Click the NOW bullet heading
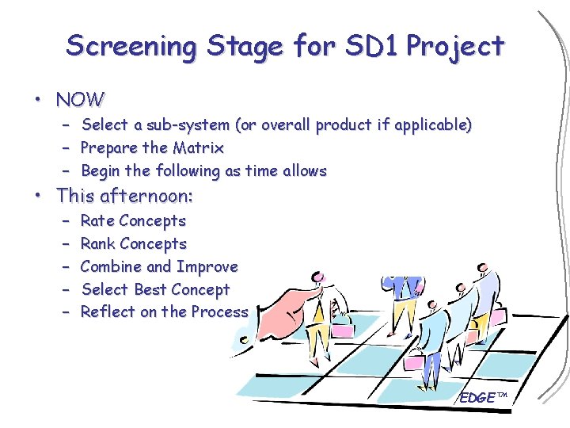[80, 100]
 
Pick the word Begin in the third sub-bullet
[101, 171]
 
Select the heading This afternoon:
[125, 195]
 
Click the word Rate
[97, 221]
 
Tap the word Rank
[98, 244]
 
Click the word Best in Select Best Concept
[150, 290]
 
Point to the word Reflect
[108, 312]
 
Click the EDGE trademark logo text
[482, 397]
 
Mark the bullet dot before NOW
[36, 101]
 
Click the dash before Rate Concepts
[65, 221]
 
